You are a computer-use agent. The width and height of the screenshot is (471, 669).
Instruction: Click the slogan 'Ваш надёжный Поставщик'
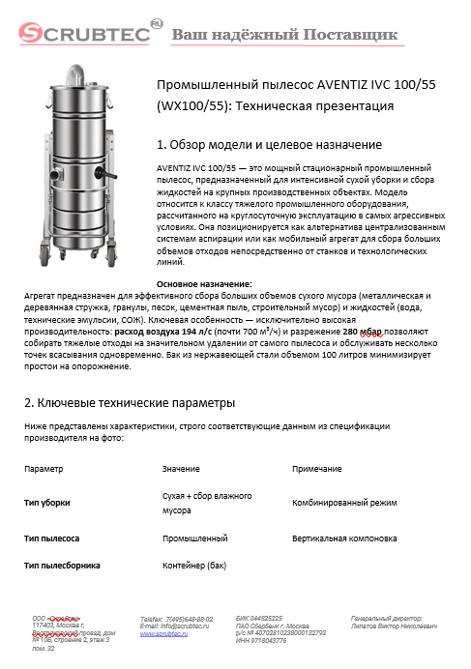tap(284, 36)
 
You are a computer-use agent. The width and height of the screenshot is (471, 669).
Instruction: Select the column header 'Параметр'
tap(44, 468)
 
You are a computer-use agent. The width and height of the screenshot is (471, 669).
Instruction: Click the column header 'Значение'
tap(181, 468)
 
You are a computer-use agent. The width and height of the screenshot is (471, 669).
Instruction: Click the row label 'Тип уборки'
tap(46, 503)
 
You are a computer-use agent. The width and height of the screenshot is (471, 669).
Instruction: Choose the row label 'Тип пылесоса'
tap(51, 537)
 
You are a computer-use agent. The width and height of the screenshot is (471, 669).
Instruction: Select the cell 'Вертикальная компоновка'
tap(343, 537)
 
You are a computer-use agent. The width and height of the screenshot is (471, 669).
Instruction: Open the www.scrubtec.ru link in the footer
tap(164, 632)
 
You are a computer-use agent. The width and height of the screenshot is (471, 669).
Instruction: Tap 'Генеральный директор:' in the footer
tap(386, 617)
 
